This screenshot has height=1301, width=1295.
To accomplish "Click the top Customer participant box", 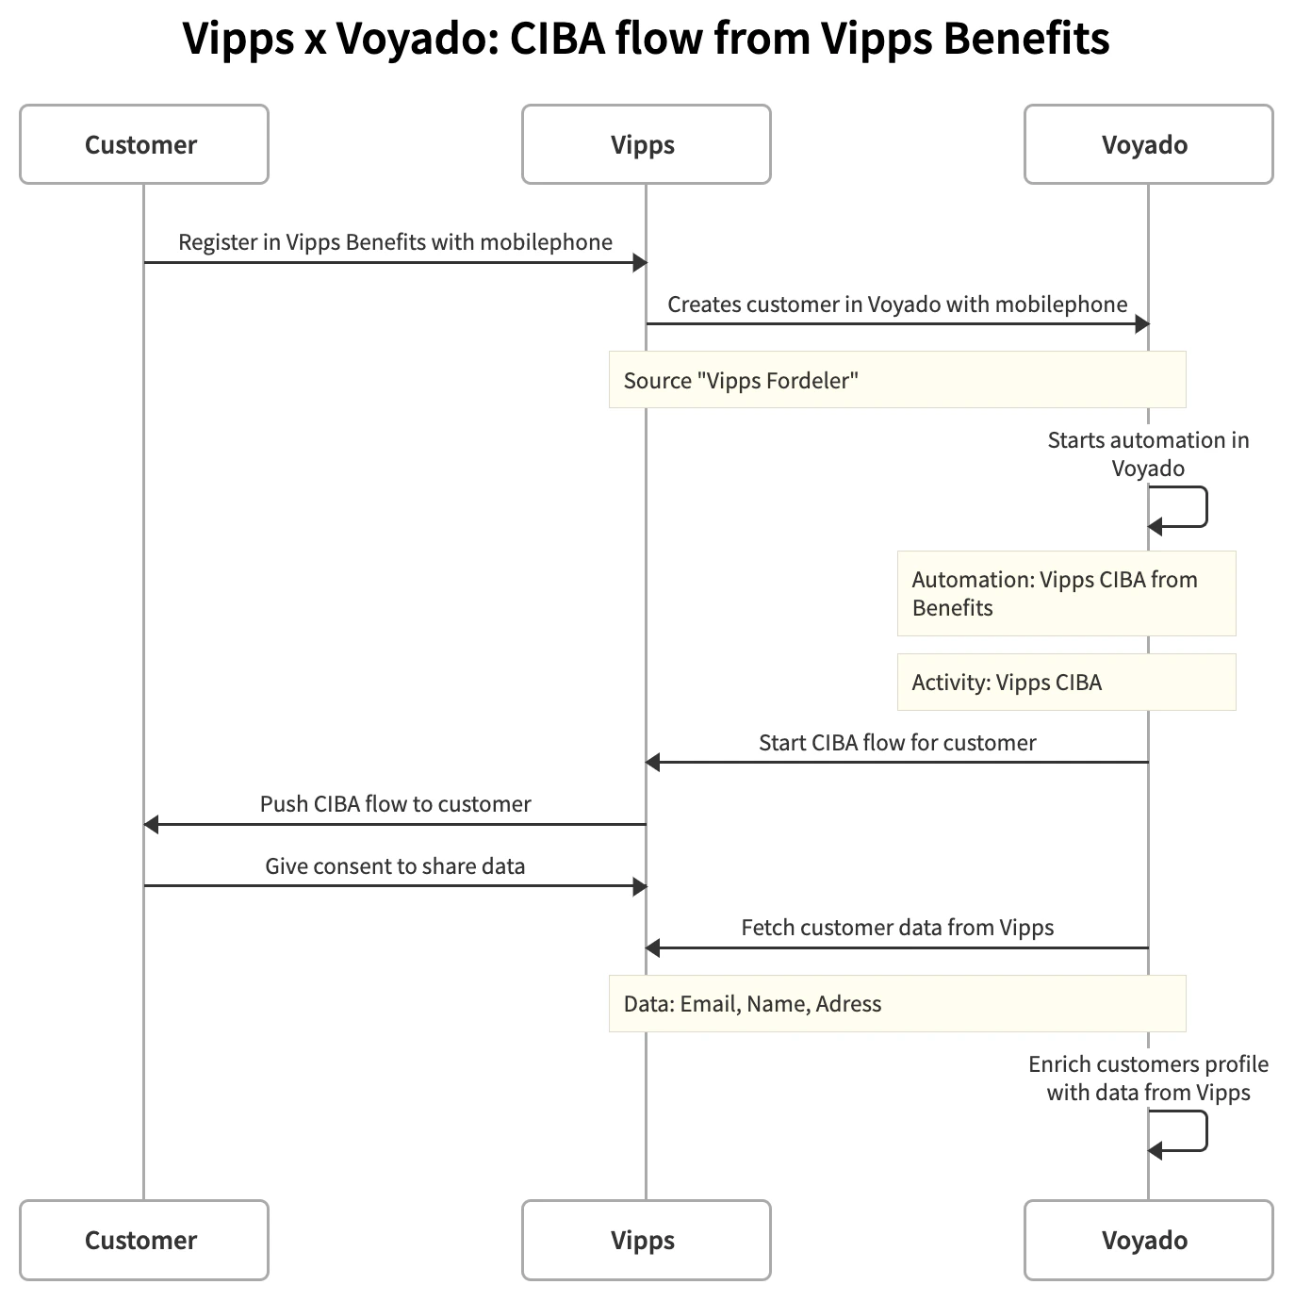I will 143,144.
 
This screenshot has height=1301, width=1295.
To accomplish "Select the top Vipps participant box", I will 646,144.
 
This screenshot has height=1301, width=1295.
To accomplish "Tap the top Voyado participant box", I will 1148,144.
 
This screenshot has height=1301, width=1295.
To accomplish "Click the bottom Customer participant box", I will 143,1240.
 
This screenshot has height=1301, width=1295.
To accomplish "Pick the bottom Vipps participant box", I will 646,1240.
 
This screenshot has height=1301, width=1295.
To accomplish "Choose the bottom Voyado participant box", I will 1148,1240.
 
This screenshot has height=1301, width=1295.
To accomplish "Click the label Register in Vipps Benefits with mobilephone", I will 395,242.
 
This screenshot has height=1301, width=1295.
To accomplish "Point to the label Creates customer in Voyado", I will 896,305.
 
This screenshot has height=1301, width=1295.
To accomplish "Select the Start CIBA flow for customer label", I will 896,743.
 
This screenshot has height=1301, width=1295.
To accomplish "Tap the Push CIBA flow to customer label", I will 395,804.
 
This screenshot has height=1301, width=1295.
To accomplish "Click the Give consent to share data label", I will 395,866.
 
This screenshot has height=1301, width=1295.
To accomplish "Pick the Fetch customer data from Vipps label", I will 896,928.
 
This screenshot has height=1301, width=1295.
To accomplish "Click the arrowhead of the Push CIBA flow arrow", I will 151,825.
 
